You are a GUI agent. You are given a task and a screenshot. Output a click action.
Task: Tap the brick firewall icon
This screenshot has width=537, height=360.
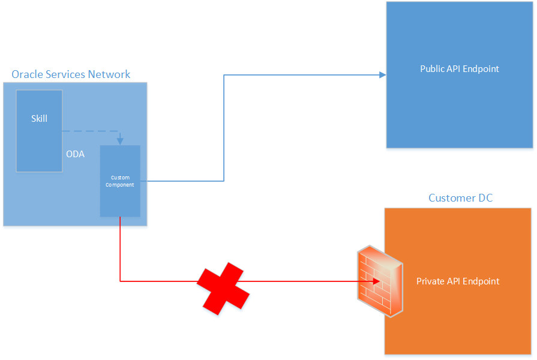point(379,280)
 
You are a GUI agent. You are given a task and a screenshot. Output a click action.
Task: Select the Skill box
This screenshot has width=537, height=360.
point(39,131)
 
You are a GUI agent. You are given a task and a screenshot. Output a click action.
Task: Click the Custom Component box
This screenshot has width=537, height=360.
point(120,181)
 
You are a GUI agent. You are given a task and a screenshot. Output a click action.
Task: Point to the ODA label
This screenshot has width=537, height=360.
point(75,154)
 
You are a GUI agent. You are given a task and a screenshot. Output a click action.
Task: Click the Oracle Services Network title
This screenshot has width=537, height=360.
point(71,74)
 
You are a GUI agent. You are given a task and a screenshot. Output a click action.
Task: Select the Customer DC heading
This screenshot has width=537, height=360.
point(460,198)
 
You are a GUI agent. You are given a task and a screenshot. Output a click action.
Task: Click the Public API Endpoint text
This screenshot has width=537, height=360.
point(459,69)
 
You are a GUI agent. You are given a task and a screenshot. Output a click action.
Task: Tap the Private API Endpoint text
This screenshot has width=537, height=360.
point(458,281)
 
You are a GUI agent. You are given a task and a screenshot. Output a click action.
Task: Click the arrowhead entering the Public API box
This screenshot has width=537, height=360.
point(382,75)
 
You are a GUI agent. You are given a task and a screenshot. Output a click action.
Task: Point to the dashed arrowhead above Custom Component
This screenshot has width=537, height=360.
point(120,141)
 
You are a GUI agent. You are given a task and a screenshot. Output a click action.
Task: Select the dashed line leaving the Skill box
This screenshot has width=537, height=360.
point(90,131)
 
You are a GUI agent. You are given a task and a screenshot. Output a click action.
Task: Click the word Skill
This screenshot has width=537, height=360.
point(39,119)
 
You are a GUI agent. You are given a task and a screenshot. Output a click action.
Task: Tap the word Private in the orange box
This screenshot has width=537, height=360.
point(430,281)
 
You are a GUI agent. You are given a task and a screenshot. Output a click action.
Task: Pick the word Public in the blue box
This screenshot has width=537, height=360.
point(432,69)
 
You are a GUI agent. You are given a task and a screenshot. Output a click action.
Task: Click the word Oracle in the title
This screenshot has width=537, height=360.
point(26,74)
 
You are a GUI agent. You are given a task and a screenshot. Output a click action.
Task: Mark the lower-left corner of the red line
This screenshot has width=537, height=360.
point(121,280)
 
